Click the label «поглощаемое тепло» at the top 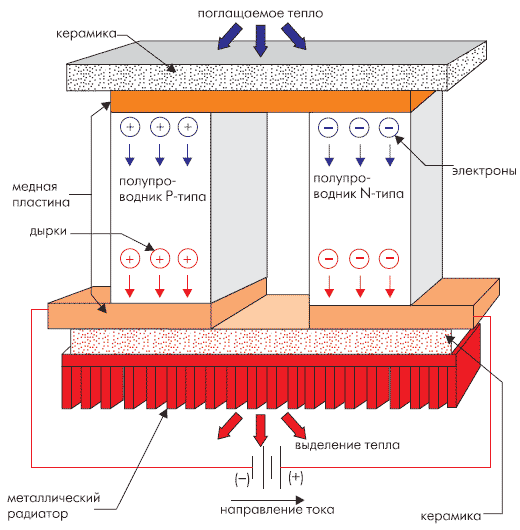260,14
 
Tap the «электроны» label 484,171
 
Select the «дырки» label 48,232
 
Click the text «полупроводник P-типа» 162,189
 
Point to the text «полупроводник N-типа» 358,186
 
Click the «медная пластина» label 41,195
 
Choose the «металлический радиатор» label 54,506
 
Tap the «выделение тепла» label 347,445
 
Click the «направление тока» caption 277,510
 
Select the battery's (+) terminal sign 296,477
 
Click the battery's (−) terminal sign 242,478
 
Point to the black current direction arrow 267,500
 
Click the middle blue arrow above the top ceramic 260,41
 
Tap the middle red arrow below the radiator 260,430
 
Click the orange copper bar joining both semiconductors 260,101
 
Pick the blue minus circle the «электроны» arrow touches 389,127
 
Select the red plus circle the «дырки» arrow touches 160,259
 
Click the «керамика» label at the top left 86,34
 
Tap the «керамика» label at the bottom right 451,516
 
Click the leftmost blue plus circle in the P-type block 130,127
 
